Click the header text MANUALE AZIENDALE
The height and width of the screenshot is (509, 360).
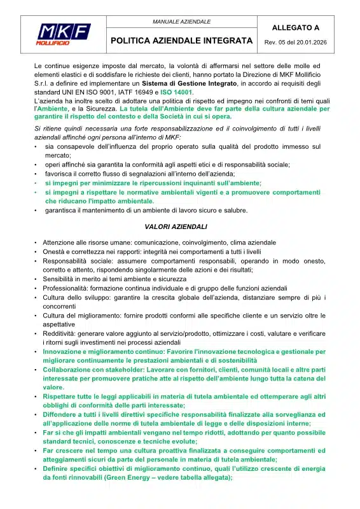point(181,22)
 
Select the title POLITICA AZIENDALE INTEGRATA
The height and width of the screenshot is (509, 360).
point(182,41)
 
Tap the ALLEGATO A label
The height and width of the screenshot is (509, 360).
point(296,28)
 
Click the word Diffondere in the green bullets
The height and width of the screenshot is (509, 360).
point(61,414)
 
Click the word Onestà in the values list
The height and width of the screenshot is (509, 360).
point(54,251)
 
